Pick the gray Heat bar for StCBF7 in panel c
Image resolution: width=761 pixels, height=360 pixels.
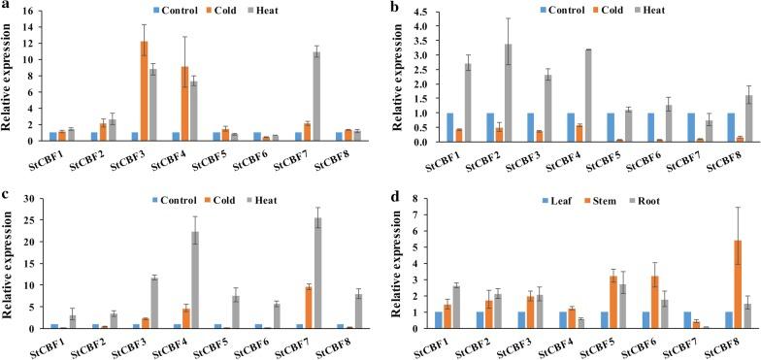click(x=316, y=273)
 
